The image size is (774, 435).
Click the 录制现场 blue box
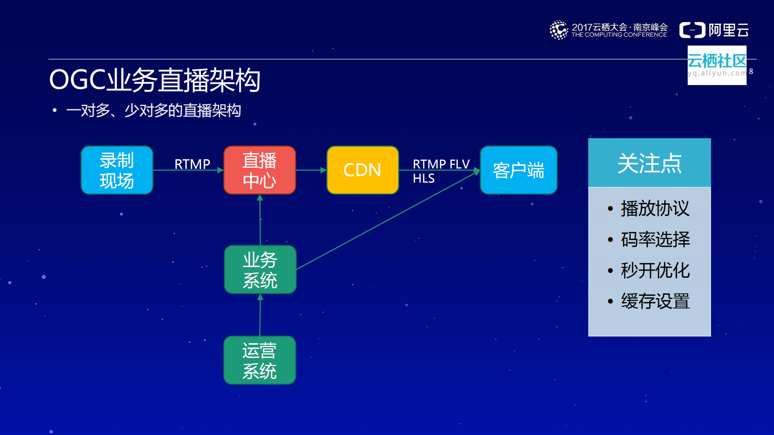[117, 170]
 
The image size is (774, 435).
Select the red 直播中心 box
[260, 170]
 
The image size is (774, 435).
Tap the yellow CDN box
[362, 170]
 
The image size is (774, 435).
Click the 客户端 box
[518, 170]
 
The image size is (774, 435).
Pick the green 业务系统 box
[260, 269]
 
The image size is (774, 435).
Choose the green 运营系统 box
[260, 360]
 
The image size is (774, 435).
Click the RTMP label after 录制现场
[192, 164]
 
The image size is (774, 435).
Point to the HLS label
[424, 179]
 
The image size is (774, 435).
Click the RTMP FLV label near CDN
[441, 164]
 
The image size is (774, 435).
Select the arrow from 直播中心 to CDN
[311, 170]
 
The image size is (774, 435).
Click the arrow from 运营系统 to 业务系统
[260, 315]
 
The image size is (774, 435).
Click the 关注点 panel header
[649, 163]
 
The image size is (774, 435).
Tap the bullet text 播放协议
[655, 208]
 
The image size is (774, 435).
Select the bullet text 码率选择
[655, 239]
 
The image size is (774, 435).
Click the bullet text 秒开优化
[655, 271]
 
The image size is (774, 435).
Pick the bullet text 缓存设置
[655, 301]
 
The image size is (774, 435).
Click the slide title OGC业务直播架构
[154, 80]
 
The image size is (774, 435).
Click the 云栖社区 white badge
[717, 65]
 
